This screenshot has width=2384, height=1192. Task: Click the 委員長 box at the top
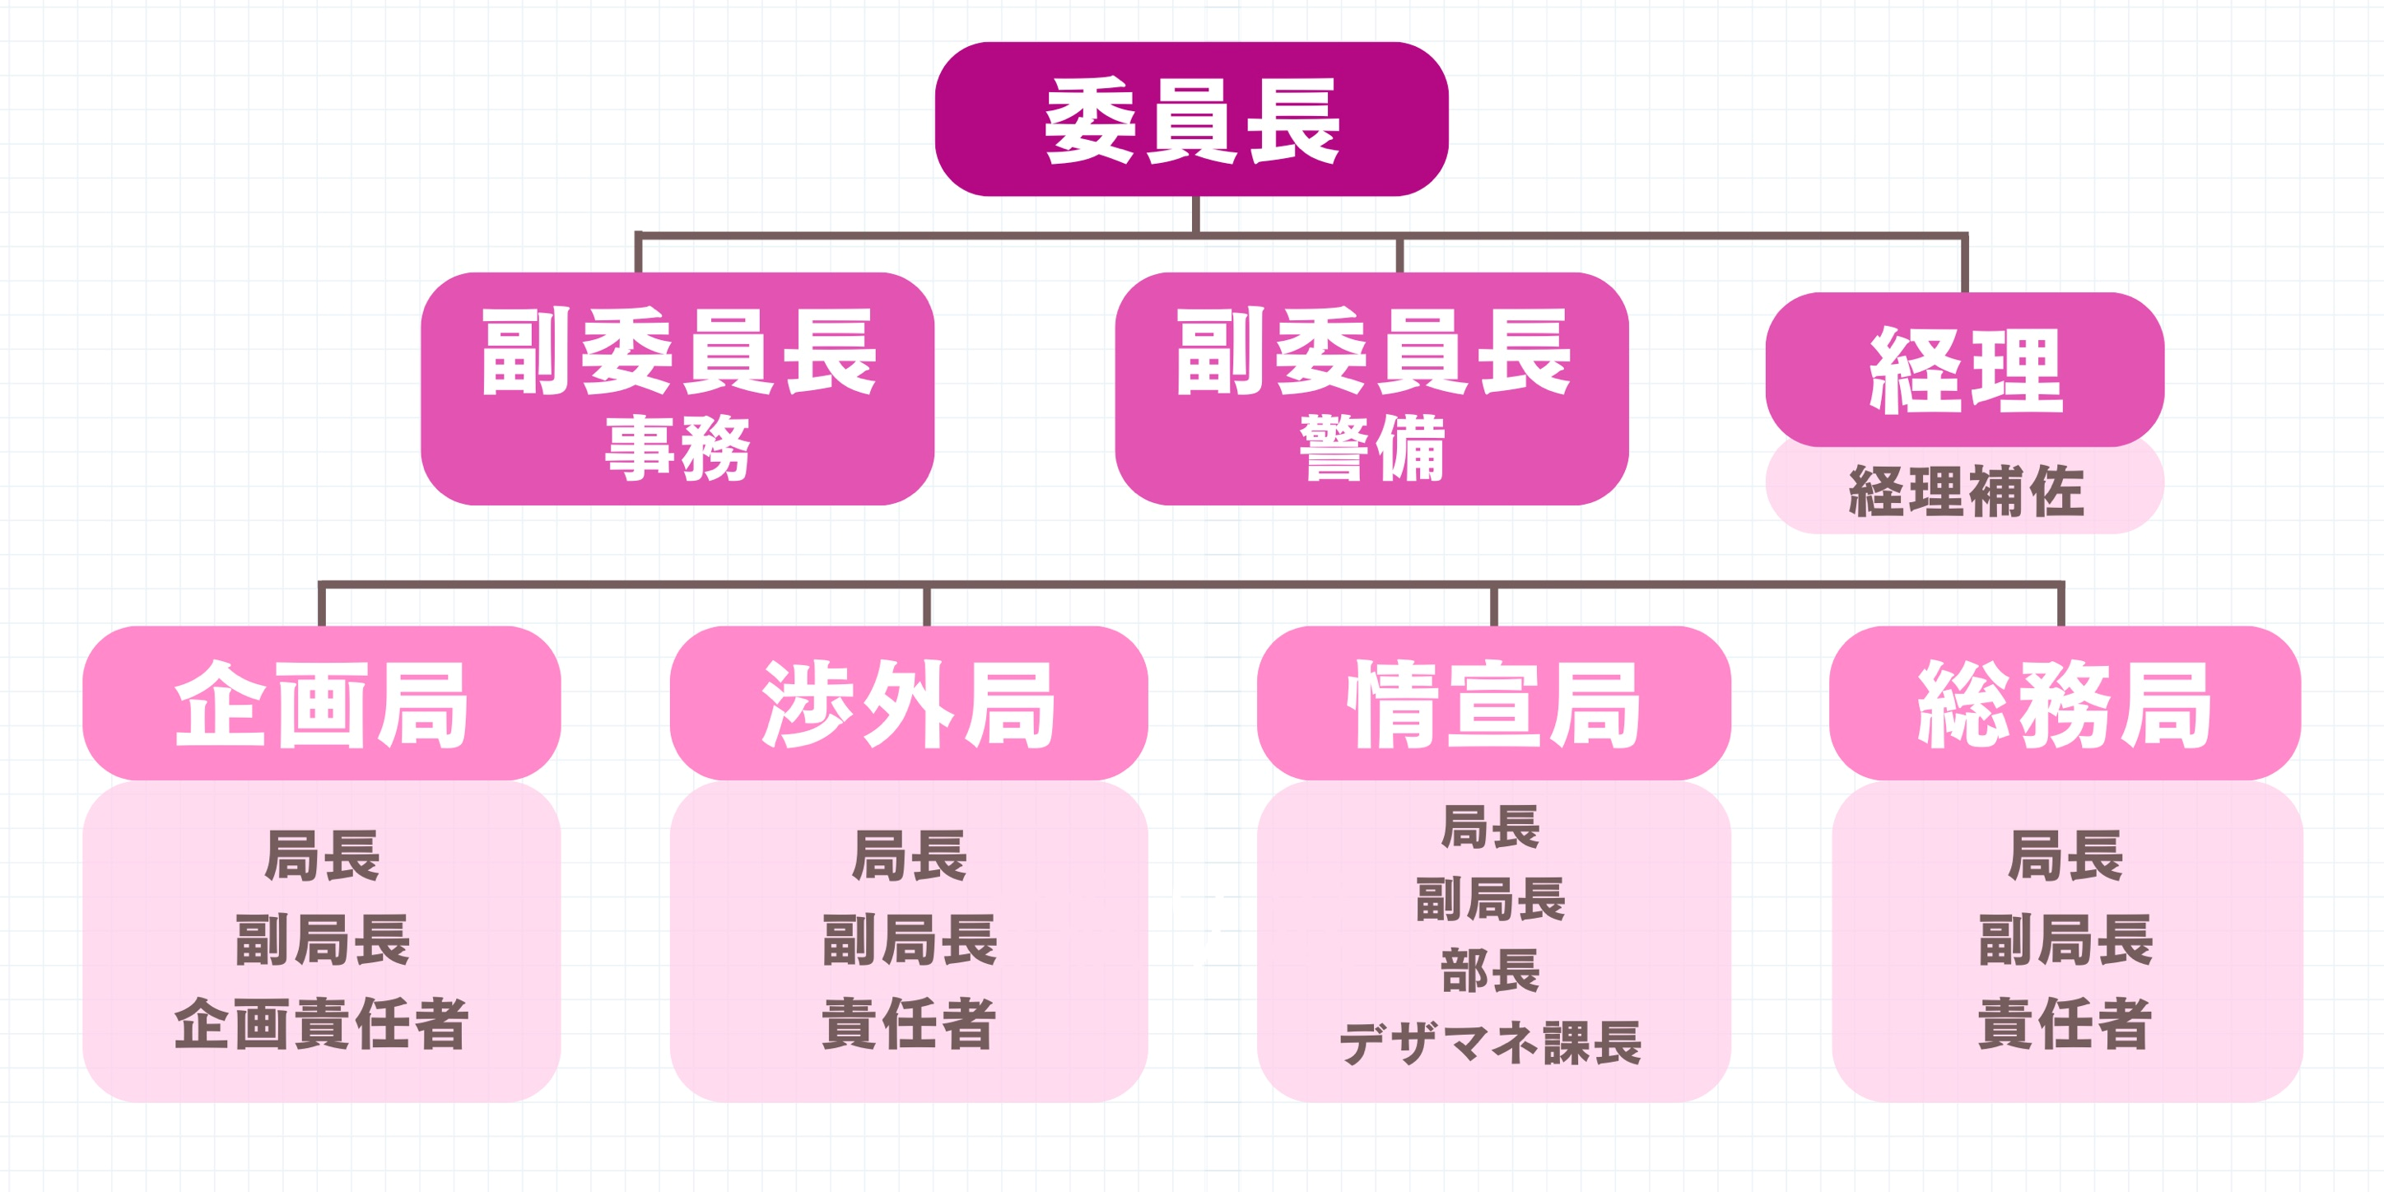coord(1191,119)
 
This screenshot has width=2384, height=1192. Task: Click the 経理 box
coord(1964,370)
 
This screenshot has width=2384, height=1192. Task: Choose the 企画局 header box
coord(321,703)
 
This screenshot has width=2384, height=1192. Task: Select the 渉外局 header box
coord(908,703)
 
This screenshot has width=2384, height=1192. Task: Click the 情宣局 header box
coord(1492,703)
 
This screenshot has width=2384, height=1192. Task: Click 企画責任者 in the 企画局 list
coord(321,1023)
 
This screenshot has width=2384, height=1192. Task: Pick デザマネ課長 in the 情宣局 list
coord(1491,1043)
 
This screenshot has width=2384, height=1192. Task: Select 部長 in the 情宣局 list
coord(1491,971)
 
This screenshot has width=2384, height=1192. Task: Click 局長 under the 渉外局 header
coord(909,855)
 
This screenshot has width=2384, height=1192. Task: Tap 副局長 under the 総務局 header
coord(2065,939)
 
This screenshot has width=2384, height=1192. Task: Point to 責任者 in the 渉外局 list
coord(909,1023)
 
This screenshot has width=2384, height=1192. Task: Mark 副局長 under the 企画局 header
coord(322,939)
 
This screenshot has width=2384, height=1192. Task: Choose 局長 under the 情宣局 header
coord(1491,826)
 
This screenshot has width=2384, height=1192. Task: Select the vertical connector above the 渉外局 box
coord(926,606)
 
